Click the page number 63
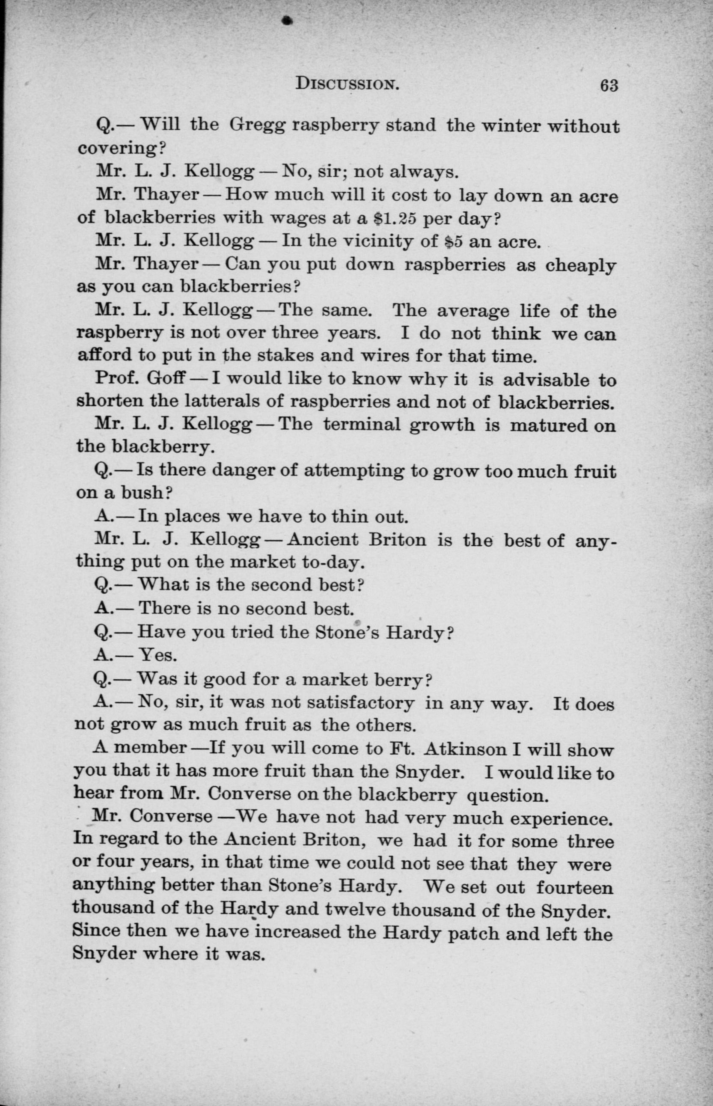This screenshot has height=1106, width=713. coord(609,86)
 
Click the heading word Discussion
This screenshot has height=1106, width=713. coord(347,84)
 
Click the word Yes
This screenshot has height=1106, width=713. coord(158,655)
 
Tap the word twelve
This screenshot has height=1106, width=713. coord(356,911)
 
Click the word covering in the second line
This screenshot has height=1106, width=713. coord(118,149)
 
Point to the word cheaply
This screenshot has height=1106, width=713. coord(581,266)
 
